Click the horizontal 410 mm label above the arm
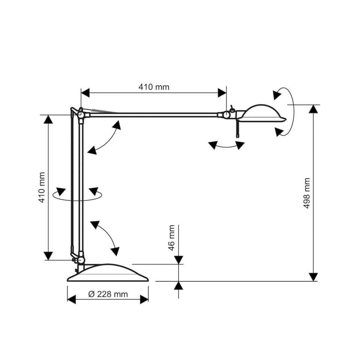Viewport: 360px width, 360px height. (154, 87)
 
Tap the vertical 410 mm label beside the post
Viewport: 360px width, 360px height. (42, 187)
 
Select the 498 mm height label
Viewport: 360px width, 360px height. (307, 193)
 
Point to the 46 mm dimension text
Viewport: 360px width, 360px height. (171, 238)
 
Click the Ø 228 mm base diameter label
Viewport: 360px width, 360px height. (108, 294)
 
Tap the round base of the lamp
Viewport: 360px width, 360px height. (108, 273)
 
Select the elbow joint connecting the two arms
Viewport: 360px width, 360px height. (80, 114)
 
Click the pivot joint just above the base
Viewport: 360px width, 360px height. (81, 260)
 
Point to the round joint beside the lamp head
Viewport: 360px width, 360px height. (226, 115)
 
